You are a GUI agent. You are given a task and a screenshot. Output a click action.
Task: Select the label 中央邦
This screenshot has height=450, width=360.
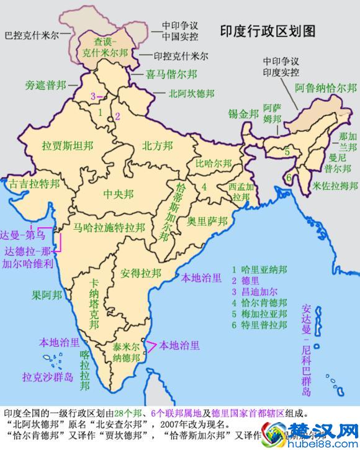pos(119,194)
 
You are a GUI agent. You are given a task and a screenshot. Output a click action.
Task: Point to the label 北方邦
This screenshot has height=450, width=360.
pos(157,146)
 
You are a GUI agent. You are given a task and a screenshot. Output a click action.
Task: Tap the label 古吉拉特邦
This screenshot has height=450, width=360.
pos(34,184)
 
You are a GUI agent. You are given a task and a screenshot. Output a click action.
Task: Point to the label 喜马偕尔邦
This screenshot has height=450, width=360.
pos(172,74)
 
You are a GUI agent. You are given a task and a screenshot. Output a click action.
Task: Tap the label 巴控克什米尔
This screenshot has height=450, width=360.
pos(32,35)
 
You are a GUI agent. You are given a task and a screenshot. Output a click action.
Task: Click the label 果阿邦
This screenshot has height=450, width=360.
pos(47,295)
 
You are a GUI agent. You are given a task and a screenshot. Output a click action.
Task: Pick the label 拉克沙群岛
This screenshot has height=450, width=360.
pos(47,377)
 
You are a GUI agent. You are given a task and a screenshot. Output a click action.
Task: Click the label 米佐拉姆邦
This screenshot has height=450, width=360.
pos(336,185)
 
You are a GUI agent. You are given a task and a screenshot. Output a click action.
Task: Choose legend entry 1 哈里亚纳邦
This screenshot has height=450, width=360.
pos(259,270)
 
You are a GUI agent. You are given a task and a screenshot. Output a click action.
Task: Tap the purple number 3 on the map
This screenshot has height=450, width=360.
pos(93,96)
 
